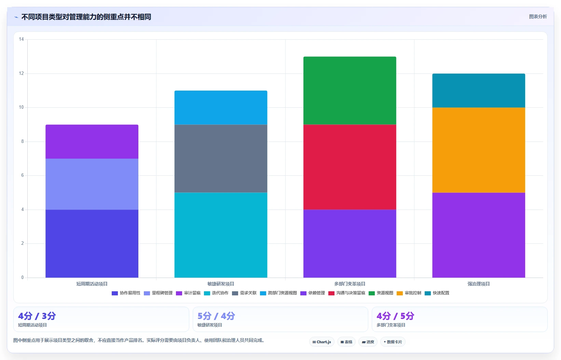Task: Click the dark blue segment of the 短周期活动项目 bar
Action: [92, 243]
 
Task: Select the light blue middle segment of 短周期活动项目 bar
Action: [92, 184]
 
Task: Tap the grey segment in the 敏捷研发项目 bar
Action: [221, 158]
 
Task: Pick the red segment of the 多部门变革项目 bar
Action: [350, 167]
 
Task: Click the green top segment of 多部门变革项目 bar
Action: [350, 91]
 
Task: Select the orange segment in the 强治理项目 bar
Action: [479, 150]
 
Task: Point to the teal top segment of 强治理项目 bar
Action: [479, 91]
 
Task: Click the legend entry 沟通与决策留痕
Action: [347, 293]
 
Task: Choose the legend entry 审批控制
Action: [409, 293]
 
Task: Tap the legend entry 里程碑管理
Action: [158, 293]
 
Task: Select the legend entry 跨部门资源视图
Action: [278, 293]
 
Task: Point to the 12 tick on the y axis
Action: [21, 74]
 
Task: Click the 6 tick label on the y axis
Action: [23, 175]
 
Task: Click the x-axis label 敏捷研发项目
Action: [221, 284]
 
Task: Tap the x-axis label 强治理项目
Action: [479, 284]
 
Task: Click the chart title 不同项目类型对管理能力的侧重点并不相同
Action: [86, 17]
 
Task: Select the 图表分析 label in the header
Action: [538, 16]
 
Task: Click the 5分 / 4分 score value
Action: [216, 316]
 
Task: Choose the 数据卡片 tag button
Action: [393, 342]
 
